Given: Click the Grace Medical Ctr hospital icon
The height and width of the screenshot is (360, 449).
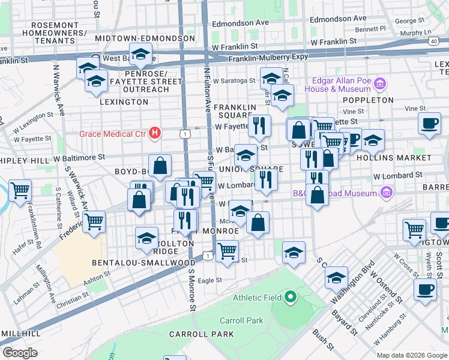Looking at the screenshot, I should point(155,132).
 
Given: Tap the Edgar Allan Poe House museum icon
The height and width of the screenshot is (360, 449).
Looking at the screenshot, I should point(379,83).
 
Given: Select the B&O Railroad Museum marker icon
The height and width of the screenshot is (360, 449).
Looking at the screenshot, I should point(387,193).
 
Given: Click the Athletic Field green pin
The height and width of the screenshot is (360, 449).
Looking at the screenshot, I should point(290,297).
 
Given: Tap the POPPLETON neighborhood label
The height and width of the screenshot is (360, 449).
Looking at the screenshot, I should point(369,100).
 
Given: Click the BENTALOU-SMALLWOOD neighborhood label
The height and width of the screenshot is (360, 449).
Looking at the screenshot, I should point(143,263).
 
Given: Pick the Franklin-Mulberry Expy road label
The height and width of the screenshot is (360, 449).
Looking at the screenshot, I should point(268,57).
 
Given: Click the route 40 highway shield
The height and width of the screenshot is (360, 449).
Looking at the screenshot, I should point(433,41).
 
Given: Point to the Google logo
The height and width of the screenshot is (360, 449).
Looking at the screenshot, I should point(19,352).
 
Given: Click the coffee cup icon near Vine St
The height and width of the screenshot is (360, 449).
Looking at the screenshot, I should point(429,123).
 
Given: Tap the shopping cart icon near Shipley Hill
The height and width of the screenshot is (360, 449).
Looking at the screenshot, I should point(20,190).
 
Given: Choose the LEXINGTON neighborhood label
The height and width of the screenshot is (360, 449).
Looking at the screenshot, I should point(123,102).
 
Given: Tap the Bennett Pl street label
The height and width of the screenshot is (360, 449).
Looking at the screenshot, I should point(370,29).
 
